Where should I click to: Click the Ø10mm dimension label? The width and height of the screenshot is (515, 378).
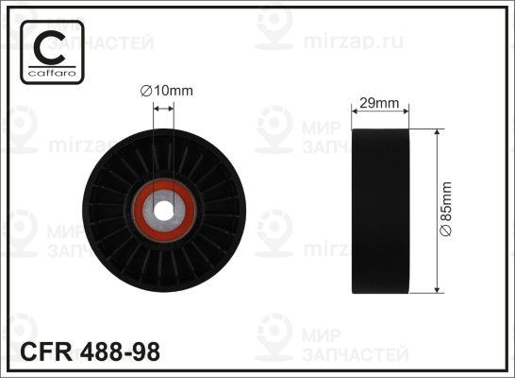167,91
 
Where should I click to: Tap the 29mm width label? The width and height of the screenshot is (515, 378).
379,103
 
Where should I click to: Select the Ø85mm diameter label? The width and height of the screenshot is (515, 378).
446,209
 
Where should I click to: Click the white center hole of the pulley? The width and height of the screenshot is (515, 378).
163,211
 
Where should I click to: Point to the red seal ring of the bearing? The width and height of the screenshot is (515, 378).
138,211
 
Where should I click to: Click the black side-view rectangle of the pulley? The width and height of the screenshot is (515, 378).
380,211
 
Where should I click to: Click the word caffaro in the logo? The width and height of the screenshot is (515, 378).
52,73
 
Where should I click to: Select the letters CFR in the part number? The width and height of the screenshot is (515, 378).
46,352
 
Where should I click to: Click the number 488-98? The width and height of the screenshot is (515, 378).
120,352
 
